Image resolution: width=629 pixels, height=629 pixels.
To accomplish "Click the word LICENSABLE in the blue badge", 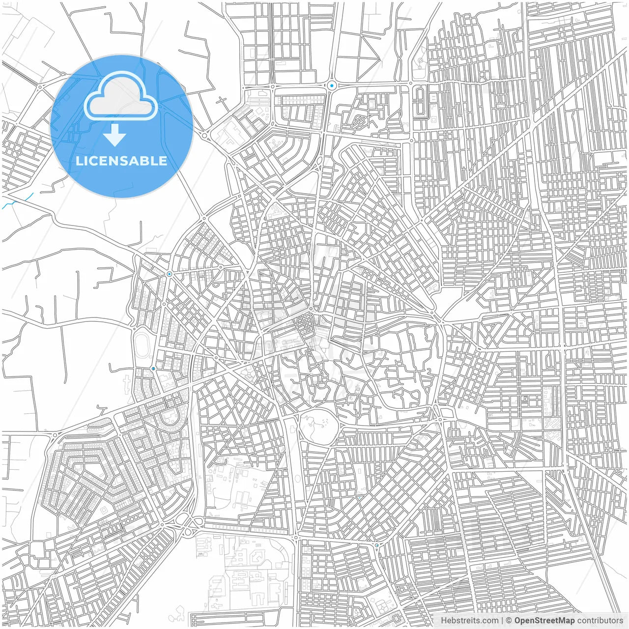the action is pyautogui.click(x=121, y=161).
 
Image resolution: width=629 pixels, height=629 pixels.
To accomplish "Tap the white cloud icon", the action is pyautogui.click(x=121, y=95).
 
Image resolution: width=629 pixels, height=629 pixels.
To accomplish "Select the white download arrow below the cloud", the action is pyautogui.click(x=115, y=135).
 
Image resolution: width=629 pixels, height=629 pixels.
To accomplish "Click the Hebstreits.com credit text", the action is pyautogui.click(x=469, y=621).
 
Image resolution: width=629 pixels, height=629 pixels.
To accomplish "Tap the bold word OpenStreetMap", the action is pyautogui.click(x=544, y=621).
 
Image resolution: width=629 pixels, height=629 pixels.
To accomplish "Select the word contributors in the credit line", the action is pyautogui.click(x=600, y=621).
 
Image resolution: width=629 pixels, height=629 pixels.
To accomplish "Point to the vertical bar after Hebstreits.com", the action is pyautogui.click(x=502, y=621).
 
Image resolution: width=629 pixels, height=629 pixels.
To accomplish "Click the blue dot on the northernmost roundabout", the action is pyautogui.click(x=332, y=86).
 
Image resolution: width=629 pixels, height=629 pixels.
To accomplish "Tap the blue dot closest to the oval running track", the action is pyautogui.click(x=153, y=368).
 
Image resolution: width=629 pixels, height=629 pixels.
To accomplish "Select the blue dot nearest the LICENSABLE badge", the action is pyautogui.click(x=169, y=274).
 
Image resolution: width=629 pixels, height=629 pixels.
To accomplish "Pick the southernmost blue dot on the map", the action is pyautogui.click(x=376, y=545).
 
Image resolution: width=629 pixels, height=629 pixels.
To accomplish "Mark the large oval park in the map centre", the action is pyautogui.click(x=318, y=426).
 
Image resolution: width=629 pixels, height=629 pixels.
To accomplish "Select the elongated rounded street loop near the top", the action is pyautogui.click(x=420, y=102).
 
